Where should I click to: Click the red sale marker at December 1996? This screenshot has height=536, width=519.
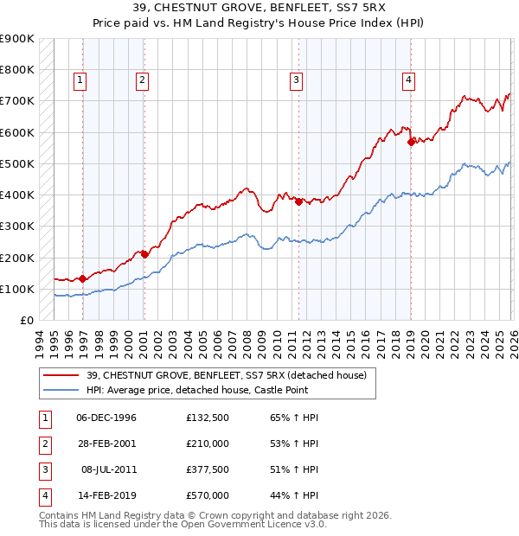pyautogui.click(x=82, y=278)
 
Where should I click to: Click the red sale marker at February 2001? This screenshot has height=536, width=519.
pyautogui.click(x=144, y=254)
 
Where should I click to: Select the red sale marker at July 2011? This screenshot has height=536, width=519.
pyautogui.click(x=298, y=201)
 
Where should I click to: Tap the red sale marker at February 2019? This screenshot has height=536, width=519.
pyautogui.click(x=410, y=143)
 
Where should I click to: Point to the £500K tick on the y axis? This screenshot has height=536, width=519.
pyautogui.click(x=17, y=163)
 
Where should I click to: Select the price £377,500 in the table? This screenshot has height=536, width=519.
pyautogui.click(x=208, y=471)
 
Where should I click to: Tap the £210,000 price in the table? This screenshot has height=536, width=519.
pyautogui.click(x=208, y=444)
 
